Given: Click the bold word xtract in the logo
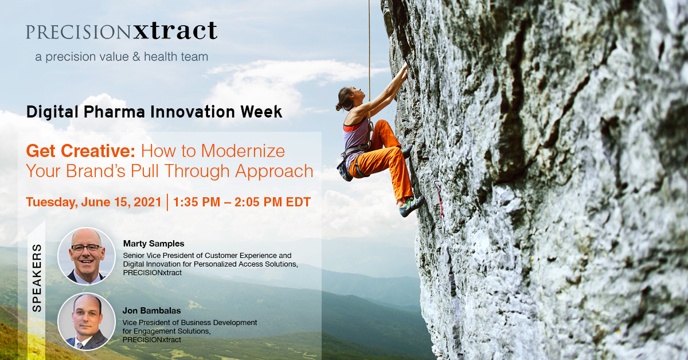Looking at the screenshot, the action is [x=175, y=31].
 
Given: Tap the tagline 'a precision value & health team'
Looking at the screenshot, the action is [x=122, y=57].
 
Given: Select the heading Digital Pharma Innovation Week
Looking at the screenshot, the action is [x=154, y=112].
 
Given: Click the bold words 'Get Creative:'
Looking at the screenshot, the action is [x=80, y=151].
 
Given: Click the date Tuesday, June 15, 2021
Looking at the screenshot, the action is [x=93, y=202].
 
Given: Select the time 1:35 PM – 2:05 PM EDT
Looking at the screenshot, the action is [x=242, y=202].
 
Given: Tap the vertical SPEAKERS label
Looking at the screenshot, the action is [x=37, y=278].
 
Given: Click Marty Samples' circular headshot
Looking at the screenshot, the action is [x=87, y=256].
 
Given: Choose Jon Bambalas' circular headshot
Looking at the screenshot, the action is [x=87, y=322].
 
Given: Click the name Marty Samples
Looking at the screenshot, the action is [x=154, y=244].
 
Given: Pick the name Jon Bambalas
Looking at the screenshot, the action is [x=152, y=311].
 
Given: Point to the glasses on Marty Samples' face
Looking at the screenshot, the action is [x=87, y=247].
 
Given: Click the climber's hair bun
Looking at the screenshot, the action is [x=339, y=107].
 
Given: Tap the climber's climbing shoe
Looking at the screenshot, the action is [x=412, y=206].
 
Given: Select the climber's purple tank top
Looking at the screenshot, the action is [x=355, y=135].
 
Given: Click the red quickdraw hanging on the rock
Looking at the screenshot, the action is [x=439, y=199].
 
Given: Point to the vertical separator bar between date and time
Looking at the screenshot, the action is [x=167, y=202].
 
